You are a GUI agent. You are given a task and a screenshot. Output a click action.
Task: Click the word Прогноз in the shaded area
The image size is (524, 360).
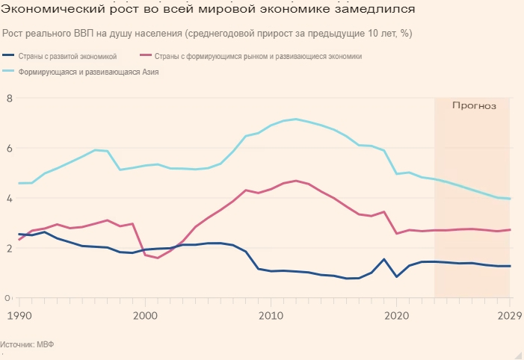pyautogui.click(x=474, y=106)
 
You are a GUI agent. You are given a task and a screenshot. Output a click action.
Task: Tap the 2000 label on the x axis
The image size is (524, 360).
pyautogui.click(x=145, y=315)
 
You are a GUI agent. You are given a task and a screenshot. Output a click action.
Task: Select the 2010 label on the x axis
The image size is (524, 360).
pyautogui.click(x=270, y=315)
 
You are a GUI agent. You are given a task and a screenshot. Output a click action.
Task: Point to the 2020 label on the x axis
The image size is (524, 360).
pyautogui.click(x=396, y=315)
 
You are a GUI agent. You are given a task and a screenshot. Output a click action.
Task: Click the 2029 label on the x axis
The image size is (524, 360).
pyautogui.click(x=509, y=315)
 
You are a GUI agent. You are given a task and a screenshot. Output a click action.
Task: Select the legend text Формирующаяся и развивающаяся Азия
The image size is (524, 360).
pyautogui.click(x=89, y=72)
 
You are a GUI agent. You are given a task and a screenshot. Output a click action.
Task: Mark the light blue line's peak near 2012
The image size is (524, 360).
pyautogui.click(x=296, y=119)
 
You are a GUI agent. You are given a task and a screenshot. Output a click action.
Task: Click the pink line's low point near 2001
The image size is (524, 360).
pyautogui.click(x=158, y=258)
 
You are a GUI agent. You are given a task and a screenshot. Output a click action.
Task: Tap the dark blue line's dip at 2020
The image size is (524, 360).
pyautogui.click(x=396, y=277)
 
